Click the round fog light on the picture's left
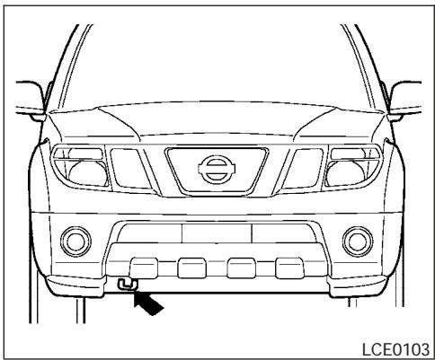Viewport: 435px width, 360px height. click(x=75, y=240)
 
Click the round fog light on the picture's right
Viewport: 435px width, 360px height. click(x=359, y=240)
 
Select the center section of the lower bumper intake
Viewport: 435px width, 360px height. click(x=217, y=233)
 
